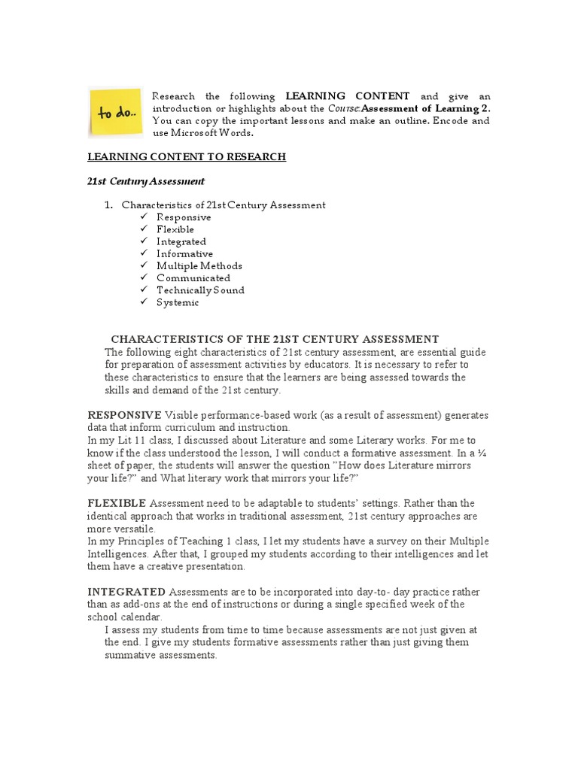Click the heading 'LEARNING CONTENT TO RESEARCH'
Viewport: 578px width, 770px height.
pyautogui.click(x=187, y=156)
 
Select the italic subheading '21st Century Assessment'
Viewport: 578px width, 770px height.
pyautogui.click(x=146, y=181)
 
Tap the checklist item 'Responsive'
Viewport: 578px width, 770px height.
pyautogui.click(x=184, y=217)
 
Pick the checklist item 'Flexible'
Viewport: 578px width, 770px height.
pyautogui.click(x=175, y=229)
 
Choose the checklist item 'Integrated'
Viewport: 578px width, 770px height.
pyautogui.click(x=181, y=241)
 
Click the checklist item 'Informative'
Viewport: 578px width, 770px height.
pyautogui.click(x=184, y=253)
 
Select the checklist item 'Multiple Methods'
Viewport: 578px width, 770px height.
pyautogui.click(x=199, y=265)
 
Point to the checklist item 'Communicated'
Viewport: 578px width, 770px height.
pyautogui.click(x=193, y=277)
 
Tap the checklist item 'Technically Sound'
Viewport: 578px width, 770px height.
pyautogui.click(x=200, y=290)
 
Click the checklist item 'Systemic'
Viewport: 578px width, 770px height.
pyautogui.click(x=178, y=302)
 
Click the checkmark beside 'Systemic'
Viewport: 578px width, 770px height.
pyautogui.click(x=144, y=302)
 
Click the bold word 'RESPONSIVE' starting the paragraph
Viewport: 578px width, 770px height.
pyautogui.click(x=124, y=415)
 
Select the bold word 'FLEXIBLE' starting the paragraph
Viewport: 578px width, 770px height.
pyautogui.click(x=117, y=502)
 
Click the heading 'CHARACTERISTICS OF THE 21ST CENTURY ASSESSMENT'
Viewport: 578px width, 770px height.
pyautogui.click(x=275, y=339)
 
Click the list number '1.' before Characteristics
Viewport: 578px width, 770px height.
pyautogui.click(x=108, y=205)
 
